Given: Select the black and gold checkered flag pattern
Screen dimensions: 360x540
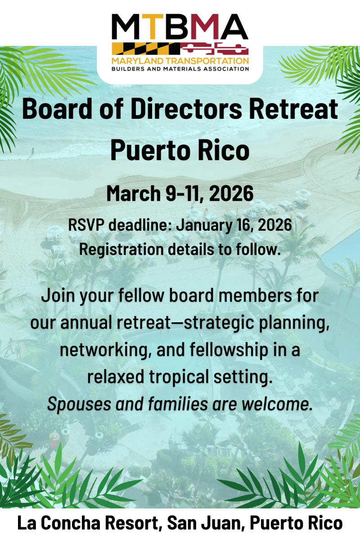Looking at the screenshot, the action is pos(146,49).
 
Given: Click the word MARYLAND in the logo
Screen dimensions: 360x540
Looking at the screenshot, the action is pos(137,61).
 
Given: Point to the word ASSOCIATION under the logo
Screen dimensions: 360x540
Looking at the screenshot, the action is pos(226,69).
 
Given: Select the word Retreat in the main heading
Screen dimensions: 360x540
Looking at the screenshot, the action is pos(293,109).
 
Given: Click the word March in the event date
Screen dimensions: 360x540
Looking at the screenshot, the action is pos(134,193).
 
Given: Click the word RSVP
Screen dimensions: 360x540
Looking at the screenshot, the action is pos(86,225).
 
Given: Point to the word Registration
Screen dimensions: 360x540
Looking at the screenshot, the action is pos(121,250).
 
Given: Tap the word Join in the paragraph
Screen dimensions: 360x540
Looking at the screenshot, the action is pos(58,296).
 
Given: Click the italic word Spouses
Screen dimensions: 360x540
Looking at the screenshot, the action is pos(79,405).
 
